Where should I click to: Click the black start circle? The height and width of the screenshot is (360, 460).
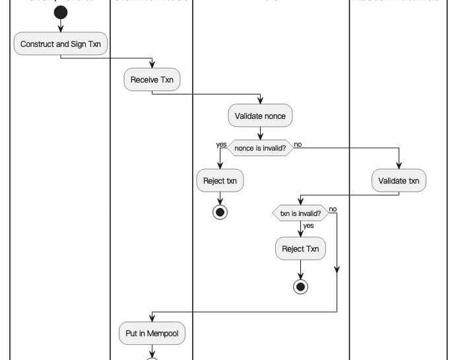point(61,13)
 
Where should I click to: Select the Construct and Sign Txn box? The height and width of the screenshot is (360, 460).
point(61,44)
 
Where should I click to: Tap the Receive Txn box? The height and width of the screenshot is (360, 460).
point(152,80)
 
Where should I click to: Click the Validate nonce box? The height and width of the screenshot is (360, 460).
point(260,116)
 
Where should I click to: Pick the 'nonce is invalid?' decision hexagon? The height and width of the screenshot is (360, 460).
point(260,149)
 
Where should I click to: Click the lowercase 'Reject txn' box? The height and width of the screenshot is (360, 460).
point(220,180)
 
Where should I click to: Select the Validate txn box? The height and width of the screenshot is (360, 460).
point(399,180)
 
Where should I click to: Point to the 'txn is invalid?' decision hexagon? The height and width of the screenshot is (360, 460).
point(300,213)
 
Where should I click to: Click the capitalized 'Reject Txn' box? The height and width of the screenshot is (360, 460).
point(300,248)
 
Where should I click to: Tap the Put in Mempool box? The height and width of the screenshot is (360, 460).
point(152,334)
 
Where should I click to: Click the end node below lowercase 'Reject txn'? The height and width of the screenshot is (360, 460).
point(220,212)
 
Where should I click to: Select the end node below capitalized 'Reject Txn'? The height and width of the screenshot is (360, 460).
point(300,287)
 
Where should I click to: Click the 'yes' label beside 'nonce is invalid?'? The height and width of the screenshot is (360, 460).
point(221,145)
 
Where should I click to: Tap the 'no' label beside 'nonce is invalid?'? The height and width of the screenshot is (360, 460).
point(298,144)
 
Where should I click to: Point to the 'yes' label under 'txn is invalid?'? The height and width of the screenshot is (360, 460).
point(308,226)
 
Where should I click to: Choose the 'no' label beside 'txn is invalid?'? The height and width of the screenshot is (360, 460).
point(333,209)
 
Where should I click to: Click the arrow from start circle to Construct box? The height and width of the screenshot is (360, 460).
point(61,26)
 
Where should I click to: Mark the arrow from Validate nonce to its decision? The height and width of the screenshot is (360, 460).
point(260,133)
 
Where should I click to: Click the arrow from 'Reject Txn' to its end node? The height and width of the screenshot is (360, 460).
point(300,270)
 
